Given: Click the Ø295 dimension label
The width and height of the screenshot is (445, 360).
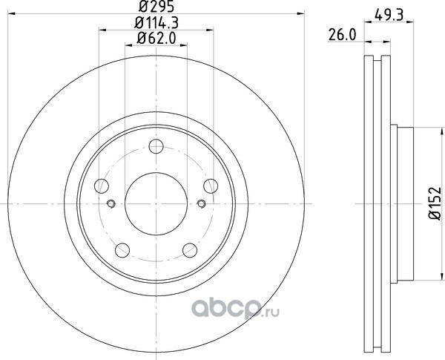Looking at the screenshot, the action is coord(156,7).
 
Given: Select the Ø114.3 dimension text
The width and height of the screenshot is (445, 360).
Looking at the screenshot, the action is coord(156,23).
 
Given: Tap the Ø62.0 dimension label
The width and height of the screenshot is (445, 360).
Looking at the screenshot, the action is coord(156,38).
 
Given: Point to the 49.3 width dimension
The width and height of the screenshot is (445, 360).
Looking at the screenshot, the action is coord(389,15).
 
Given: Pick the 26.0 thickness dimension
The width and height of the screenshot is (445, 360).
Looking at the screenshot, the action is coord(342,35).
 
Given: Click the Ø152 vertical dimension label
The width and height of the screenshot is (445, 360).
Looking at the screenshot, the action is coord(435,203).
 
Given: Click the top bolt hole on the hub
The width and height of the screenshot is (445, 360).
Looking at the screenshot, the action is coord(156,146).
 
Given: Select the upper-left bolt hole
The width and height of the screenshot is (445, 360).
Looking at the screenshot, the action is coord(102,186).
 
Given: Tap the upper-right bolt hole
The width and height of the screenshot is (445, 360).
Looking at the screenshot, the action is coord(211,186).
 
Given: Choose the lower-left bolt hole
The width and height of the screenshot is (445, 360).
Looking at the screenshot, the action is coord(122,250).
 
